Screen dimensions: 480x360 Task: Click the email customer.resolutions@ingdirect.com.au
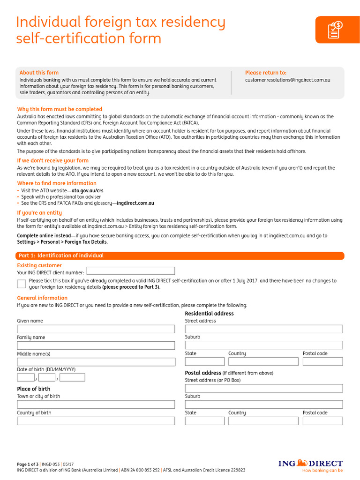287,80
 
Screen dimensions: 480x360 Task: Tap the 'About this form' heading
39,73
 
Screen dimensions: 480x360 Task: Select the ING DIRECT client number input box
131,271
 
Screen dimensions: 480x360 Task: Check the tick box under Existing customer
22,284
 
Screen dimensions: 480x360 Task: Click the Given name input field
96,329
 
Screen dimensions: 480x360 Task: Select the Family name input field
96,345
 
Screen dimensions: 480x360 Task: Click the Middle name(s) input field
96,362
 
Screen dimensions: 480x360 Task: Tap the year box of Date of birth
73,377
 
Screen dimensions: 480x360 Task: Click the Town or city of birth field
96,404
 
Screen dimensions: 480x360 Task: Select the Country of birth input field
96,421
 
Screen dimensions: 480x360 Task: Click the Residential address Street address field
263,329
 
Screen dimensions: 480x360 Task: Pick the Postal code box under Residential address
322,361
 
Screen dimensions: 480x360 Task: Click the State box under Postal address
204,421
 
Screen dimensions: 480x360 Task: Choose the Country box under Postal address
263,421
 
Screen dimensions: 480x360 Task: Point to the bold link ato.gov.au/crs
87,191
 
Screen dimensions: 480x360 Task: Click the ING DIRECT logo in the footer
310,464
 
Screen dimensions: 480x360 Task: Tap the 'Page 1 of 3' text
28,464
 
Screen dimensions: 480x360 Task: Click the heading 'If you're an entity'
39,213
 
